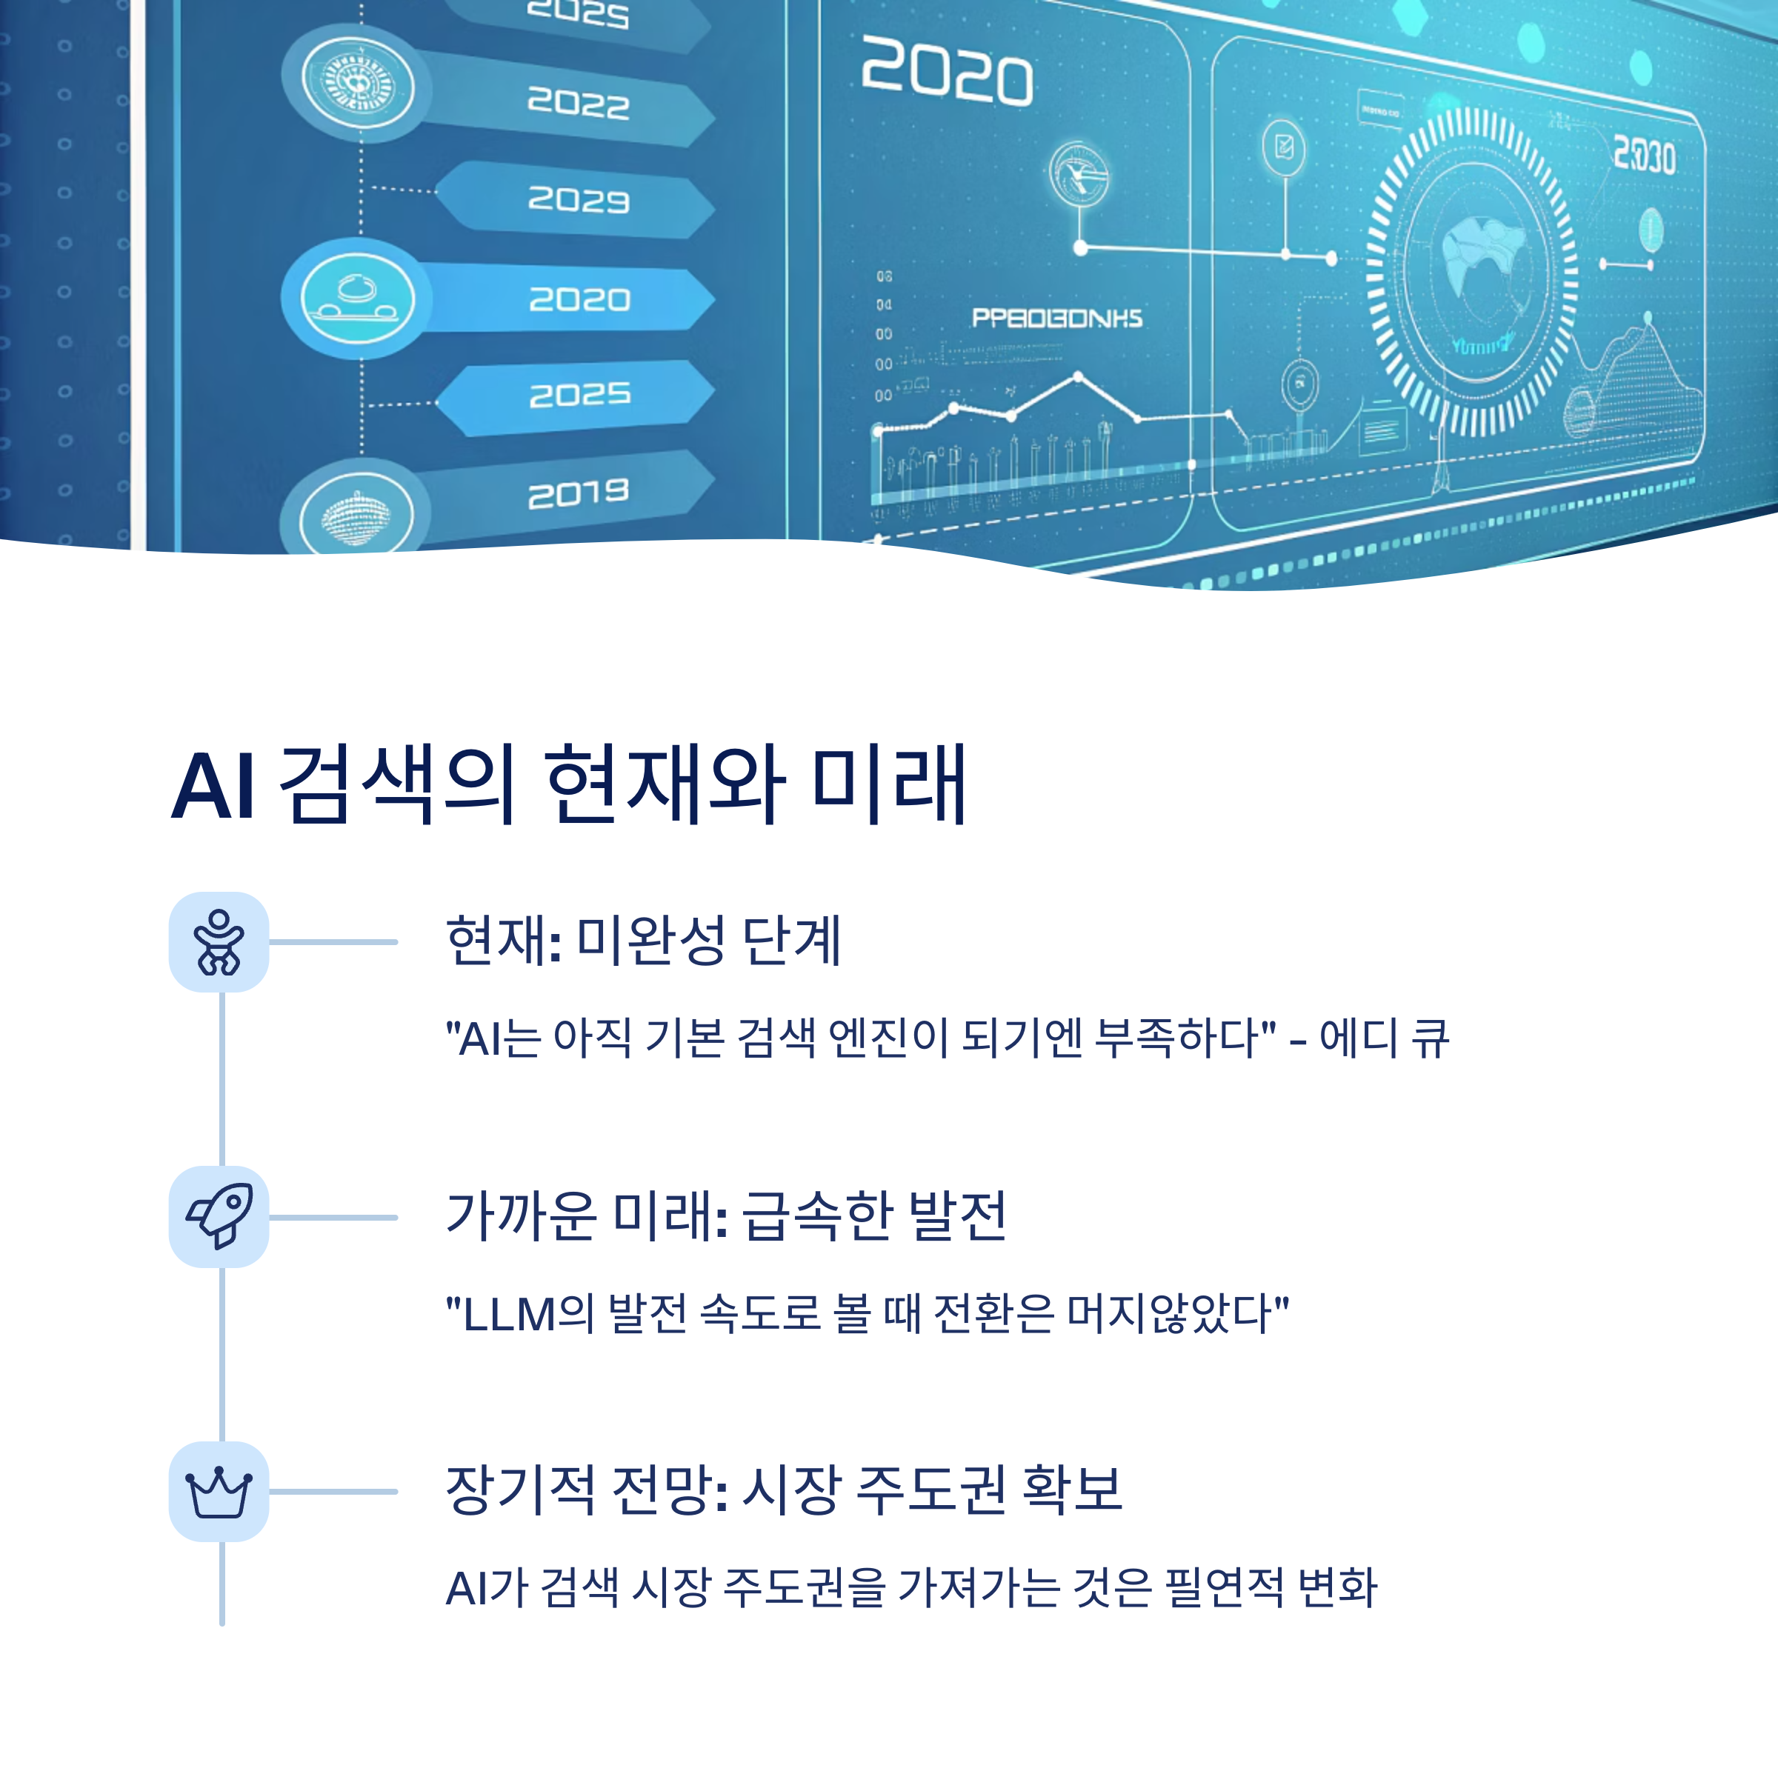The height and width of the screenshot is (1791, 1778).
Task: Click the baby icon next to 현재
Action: coord(219,942)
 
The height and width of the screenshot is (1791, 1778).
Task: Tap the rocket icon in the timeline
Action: coord(219,1216)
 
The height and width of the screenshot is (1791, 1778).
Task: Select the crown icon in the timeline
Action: coord(219,1492)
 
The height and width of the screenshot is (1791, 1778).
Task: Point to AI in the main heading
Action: coord(213,786)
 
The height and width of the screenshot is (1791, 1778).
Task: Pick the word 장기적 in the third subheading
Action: coord(520,1490)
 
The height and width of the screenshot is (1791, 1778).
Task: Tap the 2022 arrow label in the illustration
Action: coord(579,102)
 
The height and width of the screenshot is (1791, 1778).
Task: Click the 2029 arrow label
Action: coord(579,199)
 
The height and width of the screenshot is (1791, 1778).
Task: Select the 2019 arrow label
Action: coord(579,493)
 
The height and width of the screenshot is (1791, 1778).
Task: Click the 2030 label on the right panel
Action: coord(1644,155)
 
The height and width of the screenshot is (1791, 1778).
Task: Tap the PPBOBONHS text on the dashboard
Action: coord(1056,318)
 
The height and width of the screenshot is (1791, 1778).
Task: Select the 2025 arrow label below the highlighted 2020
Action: coord(579,395)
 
